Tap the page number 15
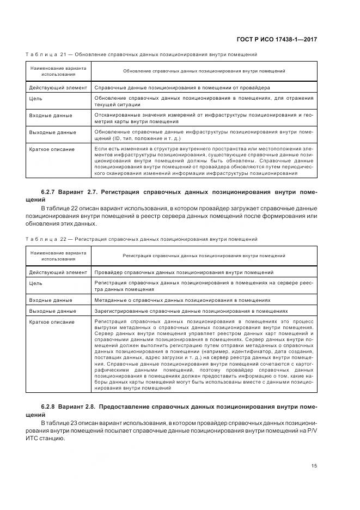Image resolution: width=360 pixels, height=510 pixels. pyautogui.click(x=314, y=465)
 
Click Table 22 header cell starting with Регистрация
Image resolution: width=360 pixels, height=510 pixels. pyautogui.click(x=204, y=255)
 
